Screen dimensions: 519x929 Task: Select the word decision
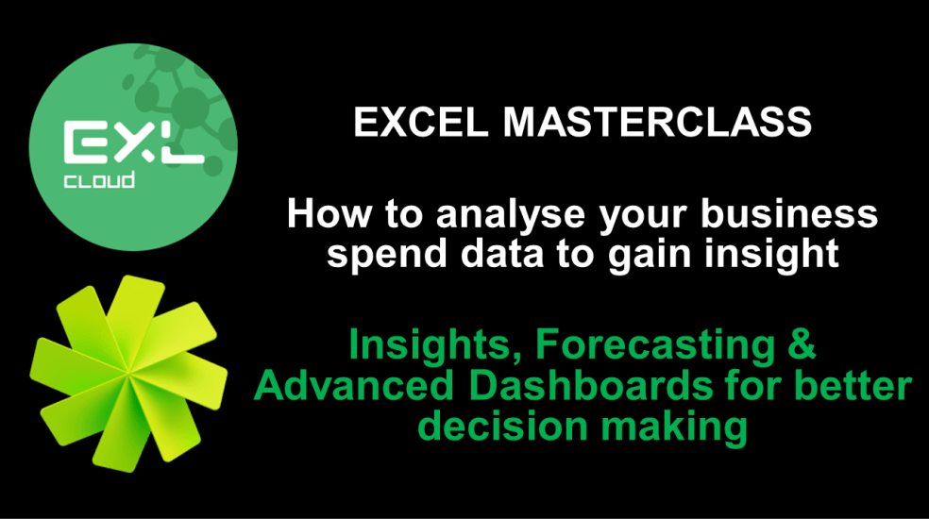pos(499,427)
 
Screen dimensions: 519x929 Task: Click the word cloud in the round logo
pos(100,180)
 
